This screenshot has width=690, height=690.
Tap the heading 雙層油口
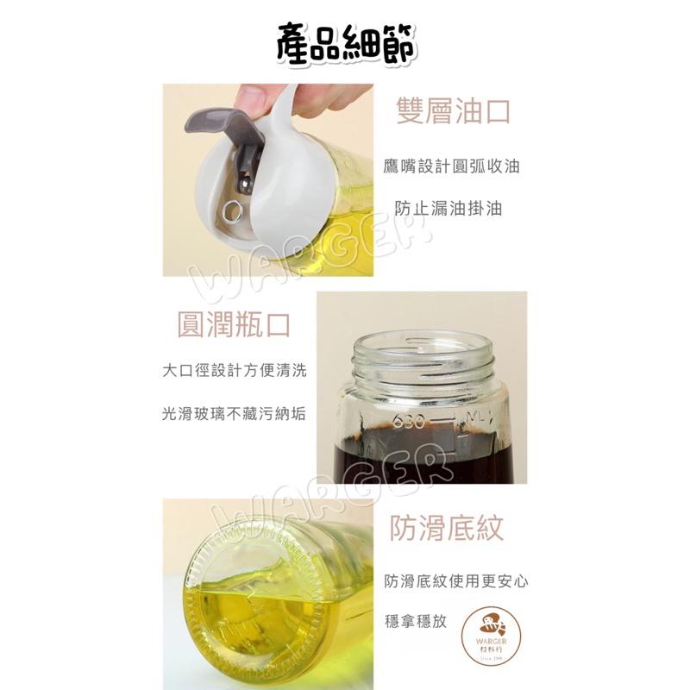tap(453, 112)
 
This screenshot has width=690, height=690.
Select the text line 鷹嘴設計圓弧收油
tap(452, 166)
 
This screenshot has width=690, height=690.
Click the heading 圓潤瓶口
tap(233, 325)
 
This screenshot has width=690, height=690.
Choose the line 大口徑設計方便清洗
tap(234, 371)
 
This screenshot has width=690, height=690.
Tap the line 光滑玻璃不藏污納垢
tap(234, 414)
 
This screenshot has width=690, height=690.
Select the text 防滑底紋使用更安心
tap(456, 580)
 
